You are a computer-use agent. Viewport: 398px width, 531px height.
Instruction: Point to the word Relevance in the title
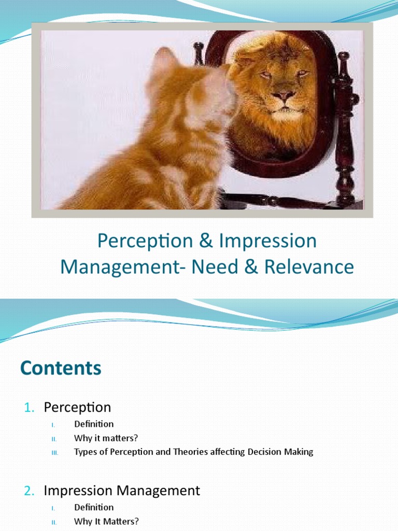pos(309,267)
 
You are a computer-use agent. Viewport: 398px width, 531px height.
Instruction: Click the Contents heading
pos(61,368)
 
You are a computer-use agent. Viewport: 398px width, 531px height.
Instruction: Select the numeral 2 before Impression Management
pos(28,490)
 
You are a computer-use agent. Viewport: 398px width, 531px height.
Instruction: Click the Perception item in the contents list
pos(77,408)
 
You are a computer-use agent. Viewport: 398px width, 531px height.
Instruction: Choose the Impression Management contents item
pos(122,490)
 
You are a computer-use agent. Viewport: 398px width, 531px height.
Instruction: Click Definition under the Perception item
pos(94,424)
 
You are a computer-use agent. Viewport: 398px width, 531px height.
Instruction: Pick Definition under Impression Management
pos(94,507)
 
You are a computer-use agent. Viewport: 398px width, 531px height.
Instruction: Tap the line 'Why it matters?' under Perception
pos(106,438)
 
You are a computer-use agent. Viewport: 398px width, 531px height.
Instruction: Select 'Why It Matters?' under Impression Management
pos(106,521)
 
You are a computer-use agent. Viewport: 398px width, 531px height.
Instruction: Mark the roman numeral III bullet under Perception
pos(55,452)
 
